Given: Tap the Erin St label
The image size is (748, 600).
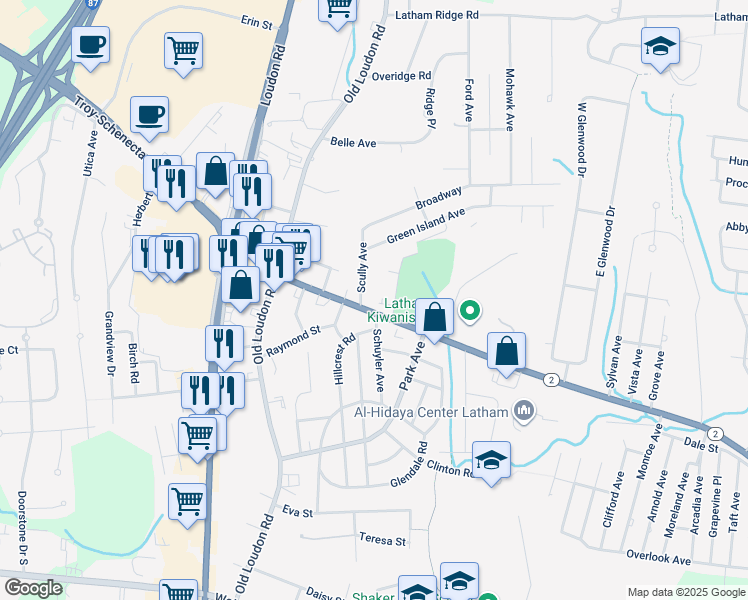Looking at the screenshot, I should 257,21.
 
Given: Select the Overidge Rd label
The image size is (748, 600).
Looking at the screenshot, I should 400,76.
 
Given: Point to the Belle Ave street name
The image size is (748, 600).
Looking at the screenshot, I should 353,143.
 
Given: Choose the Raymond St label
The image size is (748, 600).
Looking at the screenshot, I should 299,335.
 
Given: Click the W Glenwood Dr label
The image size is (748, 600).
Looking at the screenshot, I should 579,137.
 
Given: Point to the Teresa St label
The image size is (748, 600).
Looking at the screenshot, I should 384,541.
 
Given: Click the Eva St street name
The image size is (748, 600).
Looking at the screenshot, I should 298,512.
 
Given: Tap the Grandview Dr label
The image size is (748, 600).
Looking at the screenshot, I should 109,343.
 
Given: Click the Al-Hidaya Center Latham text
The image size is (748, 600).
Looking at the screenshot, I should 431,411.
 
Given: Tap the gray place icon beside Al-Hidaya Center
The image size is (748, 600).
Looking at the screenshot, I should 523,410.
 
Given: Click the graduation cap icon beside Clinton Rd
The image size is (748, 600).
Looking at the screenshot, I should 491,460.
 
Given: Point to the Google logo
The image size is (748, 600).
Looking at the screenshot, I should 33,588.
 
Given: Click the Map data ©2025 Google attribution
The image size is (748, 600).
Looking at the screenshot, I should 685,592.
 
